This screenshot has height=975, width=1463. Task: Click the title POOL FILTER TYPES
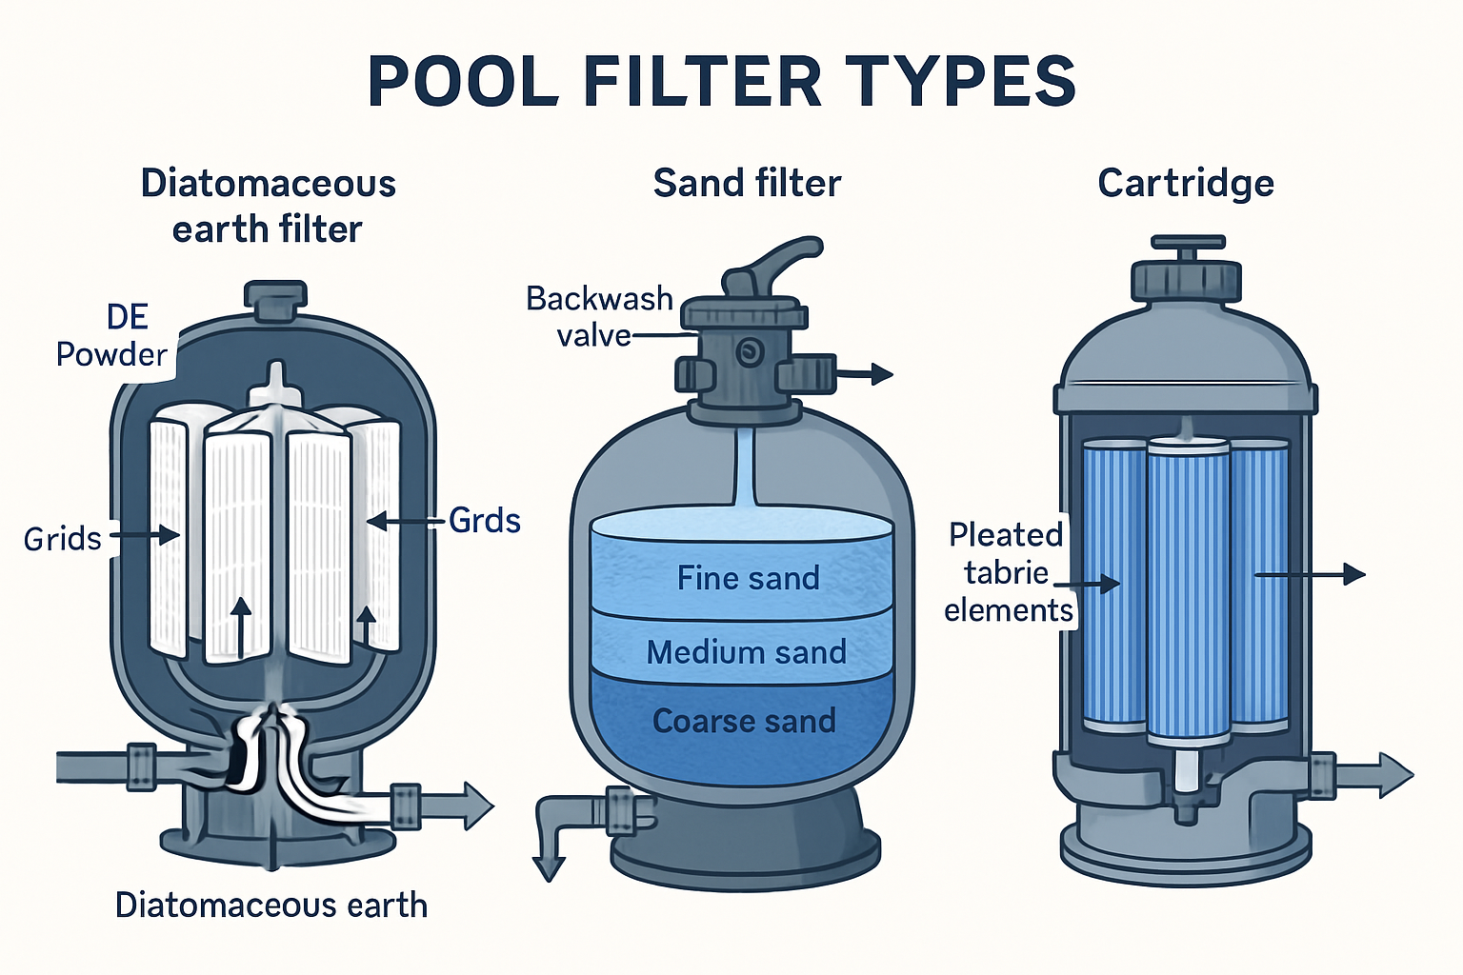pos(722,82)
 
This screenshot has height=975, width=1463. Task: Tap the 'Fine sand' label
pos(748,578)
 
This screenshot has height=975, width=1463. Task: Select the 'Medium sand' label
pos(746,652)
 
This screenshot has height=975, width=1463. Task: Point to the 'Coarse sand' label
pos(744,722)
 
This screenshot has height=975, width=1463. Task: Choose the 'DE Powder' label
pos(112,336)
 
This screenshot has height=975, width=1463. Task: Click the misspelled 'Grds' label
pos(484,521)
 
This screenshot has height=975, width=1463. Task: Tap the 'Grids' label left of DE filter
pos(63,539)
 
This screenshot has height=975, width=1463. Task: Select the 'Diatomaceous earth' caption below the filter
pos(271,905)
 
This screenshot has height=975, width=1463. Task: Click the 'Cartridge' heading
pos(1185,183)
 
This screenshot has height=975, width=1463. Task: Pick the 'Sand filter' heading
pos(747,183)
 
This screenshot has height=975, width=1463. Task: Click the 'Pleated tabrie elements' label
pos(1007,572)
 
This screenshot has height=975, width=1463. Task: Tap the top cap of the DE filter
pos(275,299)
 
